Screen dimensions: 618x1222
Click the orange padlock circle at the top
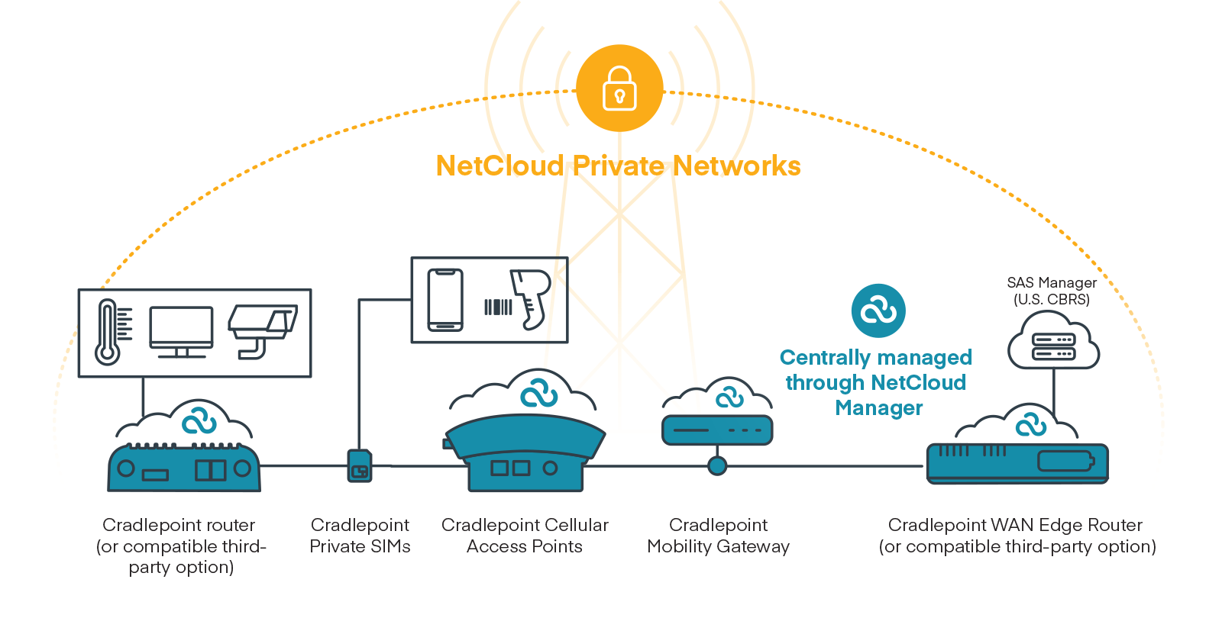coord(619,89)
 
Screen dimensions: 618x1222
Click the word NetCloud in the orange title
coord(499,166)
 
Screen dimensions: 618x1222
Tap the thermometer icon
coord(108,333)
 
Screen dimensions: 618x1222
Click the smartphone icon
coord(445,300)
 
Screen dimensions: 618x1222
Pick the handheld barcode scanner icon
coord(532,298)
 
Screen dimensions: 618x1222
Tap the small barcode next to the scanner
coord(498,307)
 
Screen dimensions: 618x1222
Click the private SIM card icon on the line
coord(359,465)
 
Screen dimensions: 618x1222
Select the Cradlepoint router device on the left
coord(183,467)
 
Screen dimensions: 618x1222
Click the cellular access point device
coord(525,453)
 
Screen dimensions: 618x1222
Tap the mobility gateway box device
coord(716,430)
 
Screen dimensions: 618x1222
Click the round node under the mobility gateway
coord(716,465)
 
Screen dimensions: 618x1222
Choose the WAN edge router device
coord(1017,462)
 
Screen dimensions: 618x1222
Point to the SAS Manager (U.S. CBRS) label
coord(1051,291)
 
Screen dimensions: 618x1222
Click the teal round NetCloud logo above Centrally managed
coord(878,311)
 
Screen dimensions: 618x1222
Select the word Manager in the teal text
coord(878,408)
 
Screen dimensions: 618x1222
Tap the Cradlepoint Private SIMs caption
coord(360,536)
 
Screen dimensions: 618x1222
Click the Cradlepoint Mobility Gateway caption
coord(718,536)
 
